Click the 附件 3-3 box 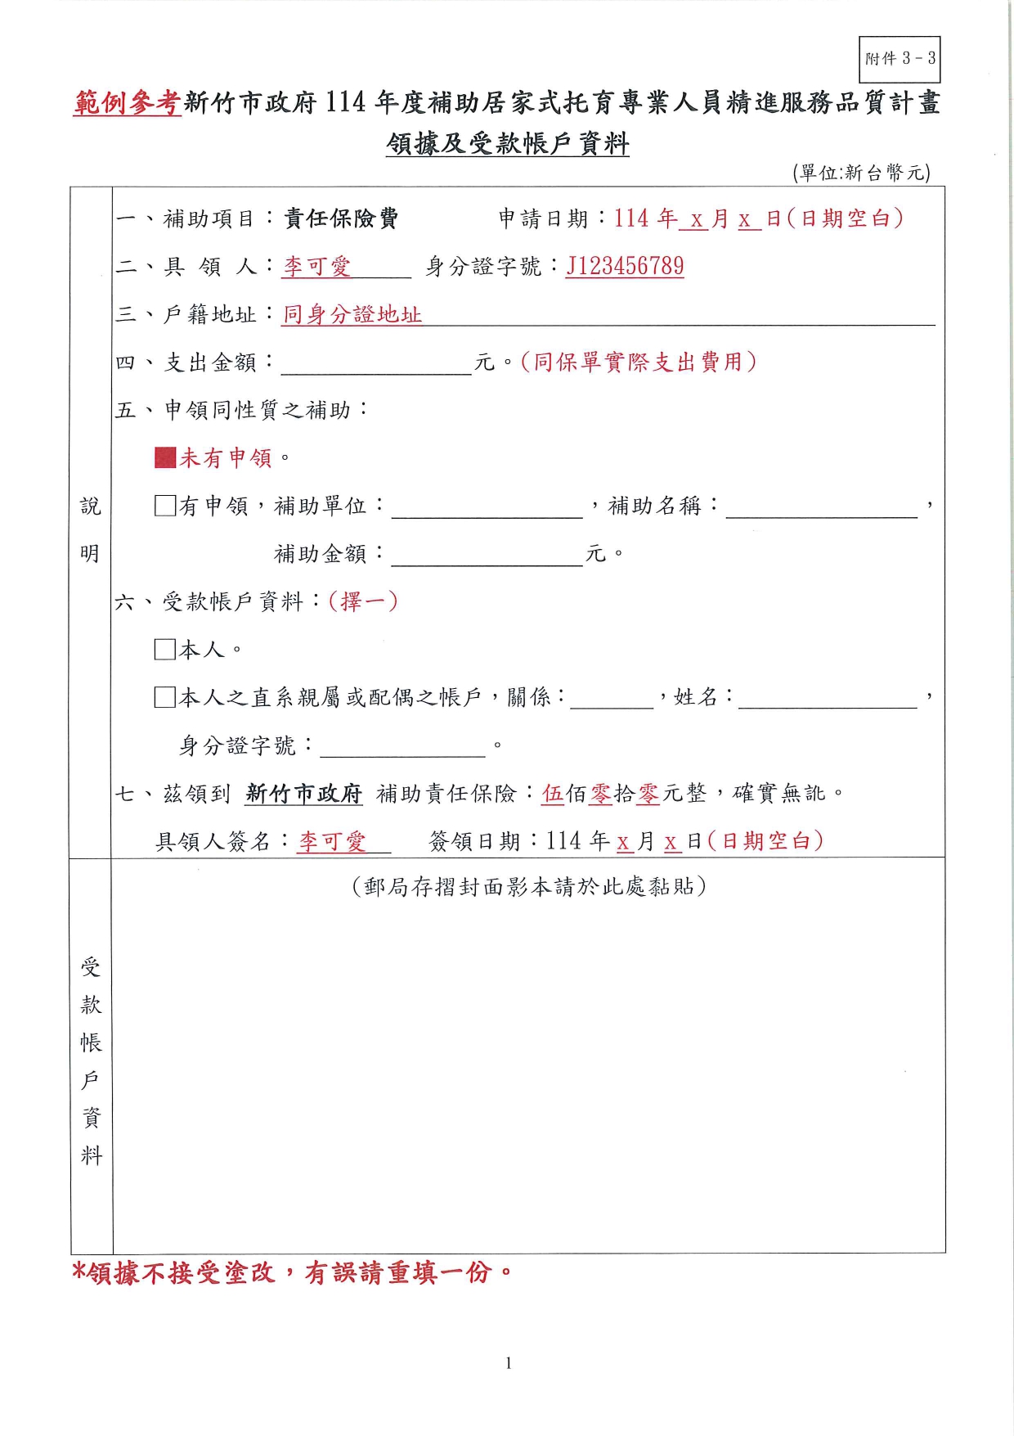900,59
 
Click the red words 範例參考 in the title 127,103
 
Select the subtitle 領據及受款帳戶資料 507,144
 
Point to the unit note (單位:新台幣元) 861,173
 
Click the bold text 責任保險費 341,218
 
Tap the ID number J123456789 625,266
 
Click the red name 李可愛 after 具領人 317,267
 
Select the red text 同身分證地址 352,314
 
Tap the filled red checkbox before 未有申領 165,457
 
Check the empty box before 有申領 165,506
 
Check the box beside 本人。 165,650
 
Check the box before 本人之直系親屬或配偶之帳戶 165,697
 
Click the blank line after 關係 612,700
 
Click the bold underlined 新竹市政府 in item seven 303,793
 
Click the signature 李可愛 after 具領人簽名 332,841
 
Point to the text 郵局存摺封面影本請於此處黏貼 528,887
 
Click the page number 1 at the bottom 508,1362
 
